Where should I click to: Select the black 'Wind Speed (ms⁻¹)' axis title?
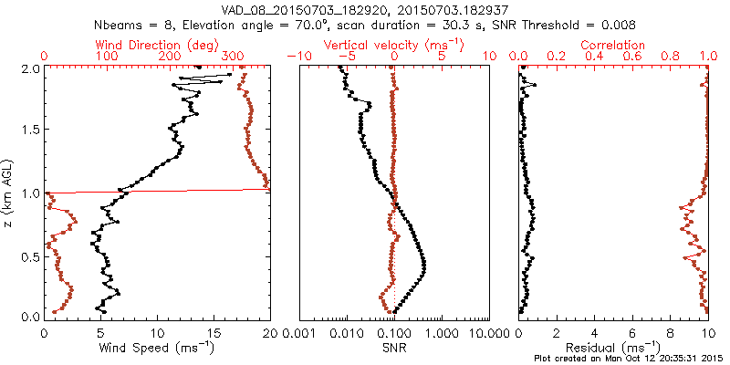(x=157, y=347)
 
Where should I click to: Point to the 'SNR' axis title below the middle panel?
(x=394, y=347)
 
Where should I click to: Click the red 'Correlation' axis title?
(x=613, y=45)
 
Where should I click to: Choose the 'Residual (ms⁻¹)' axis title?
(x=613, y=347)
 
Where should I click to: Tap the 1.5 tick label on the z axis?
(x=30, y=130)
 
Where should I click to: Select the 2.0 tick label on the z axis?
(x=30, y=68)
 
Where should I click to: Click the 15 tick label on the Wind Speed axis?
(x=214, y=331)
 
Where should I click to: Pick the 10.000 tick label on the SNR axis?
(x=488, y=331)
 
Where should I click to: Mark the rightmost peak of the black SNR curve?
(x=424, y=266)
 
